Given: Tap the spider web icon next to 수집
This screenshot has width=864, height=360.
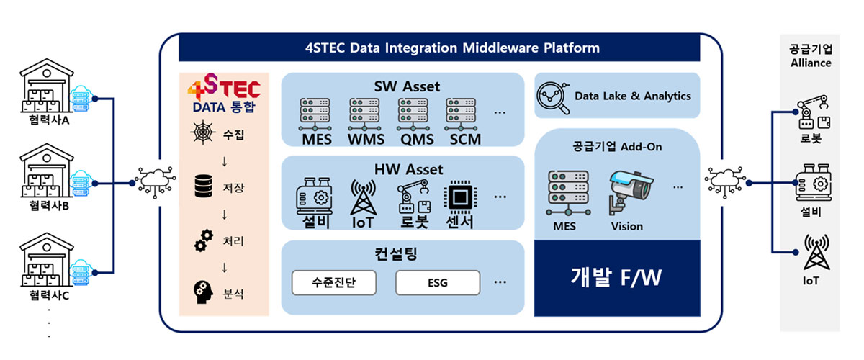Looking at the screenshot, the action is [x=203, y=132].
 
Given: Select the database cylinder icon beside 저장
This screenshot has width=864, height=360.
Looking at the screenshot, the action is [x=203, y=186].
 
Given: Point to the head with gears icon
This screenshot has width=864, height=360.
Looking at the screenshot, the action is [x=203, y=292].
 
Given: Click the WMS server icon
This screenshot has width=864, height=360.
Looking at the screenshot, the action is [x=364, y=114].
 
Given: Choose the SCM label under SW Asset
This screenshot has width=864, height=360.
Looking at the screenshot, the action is [x=465, y=139].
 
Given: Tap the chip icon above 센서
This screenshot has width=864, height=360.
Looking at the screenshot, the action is [x=461, y=197].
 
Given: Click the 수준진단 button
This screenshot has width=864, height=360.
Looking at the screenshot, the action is [x=334, y=283].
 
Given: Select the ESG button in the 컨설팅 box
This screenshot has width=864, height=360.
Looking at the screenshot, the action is [x=438, y=283].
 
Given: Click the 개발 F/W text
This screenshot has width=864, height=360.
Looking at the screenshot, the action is [x=616, y=277].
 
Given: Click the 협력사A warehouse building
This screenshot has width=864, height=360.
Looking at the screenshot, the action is [x=47, y=85].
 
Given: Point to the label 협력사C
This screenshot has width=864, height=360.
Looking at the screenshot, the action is [x=49, y=296].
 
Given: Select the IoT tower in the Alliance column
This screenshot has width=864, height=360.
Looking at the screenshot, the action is [x=816, y=252].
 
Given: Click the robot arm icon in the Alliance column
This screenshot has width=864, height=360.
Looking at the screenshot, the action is [x=814, y=112].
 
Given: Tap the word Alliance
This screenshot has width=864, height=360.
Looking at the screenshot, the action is [x=811, y=63].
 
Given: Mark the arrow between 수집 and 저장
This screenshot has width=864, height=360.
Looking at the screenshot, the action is [x=225, y=161].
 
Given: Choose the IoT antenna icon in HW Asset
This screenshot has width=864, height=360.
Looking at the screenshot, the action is [x=363, y=197].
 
